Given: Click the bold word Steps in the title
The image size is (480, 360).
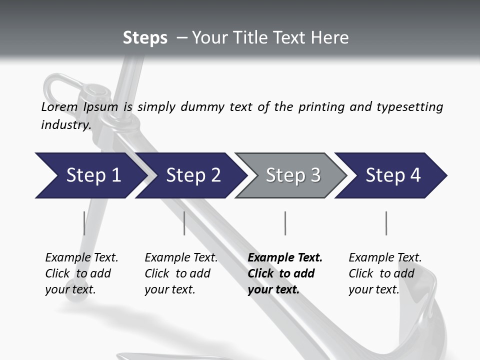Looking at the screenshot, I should (x=145, y=38).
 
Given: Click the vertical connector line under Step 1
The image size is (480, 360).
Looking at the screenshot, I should (x=84, y=223).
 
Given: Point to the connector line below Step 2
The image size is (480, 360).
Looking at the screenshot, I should (x=184, y=223).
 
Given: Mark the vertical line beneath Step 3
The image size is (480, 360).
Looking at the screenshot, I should (x=285, y=223).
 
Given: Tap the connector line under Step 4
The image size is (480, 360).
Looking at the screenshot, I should (x=386, y=223).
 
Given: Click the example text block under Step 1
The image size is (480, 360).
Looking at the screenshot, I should (x=81, y=273).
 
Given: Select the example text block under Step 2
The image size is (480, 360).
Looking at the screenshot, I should (x=181, y=273).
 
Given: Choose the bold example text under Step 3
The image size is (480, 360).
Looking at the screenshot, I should (x=285, y=273).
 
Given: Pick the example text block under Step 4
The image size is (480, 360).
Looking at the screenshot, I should (x=385, y=273).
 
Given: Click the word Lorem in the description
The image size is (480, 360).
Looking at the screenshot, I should (x=59, y=106).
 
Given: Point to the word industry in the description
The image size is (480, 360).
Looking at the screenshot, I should (x=65, y=124).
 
